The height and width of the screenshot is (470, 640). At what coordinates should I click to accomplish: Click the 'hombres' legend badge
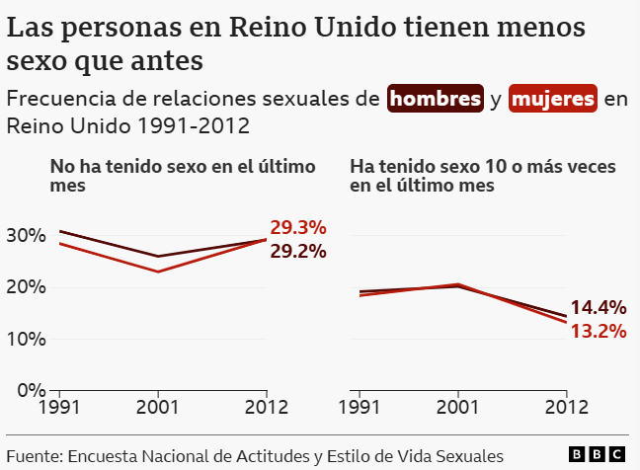436,99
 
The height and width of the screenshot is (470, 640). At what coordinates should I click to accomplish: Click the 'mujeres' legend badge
553,99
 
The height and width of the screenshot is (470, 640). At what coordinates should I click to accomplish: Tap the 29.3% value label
297,227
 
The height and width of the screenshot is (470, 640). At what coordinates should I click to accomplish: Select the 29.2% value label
297,251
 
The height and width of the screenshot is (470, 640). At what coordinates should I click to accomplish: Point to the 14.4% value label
598,307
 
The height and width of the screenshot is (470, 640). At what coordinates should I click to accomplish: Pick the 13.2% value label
598,331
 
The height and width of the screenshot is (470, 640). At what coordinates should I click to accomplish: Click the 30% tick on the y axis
26,235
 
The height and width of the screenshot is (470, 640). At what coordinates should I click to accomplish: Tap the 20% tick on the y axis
26,287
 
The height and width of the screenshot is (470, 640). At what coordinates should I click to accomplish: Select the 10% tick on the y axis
26,339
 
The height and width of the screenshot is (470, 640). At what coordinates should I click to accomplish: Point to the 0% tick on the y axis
30,390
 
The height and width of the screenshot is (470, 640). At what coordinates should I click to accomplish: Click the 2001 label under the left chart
158,406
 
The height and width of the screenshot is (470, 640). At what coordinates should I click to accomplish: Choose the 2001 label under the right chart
458,406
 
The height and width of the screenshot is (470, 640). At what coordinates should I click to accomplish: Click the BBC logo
598,453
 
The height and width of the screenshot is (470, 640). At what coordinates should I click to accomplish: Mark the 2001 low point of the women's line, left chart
158,272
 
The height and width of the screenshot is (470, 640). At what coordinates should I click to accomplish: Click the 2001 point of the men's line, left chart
158,257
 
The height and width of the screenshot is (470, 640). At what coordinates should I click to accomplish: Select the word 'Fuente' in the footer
34,455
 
